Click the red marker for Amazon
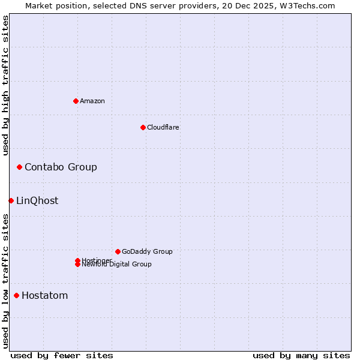tap(76, 101)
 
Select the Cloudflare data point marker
tap(143, 127)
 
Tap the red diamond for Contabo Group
tap(19, 167)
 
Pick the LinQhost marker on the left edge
tap(11, 200)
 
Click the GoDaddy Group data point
tap(118, 251)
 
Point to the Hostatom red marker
tap(16, 295)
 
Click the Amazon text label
tap(92, 101)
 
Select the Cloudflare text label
tap(163, 127)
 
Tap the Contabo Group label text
tap(61, 167)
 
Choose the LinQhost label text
tap(37, 200)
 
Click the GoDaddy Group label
tap(147, 251)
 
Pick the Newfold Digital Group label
tap(117, 265)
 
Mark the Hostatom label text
tap(44, 295)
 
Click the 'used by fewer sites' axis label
tap(62, 355)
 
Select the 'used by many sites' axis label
tap(301, 355)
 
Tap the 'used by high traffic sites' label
tap(5, 85)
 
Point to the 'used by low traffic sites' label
tap(5, 281)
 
